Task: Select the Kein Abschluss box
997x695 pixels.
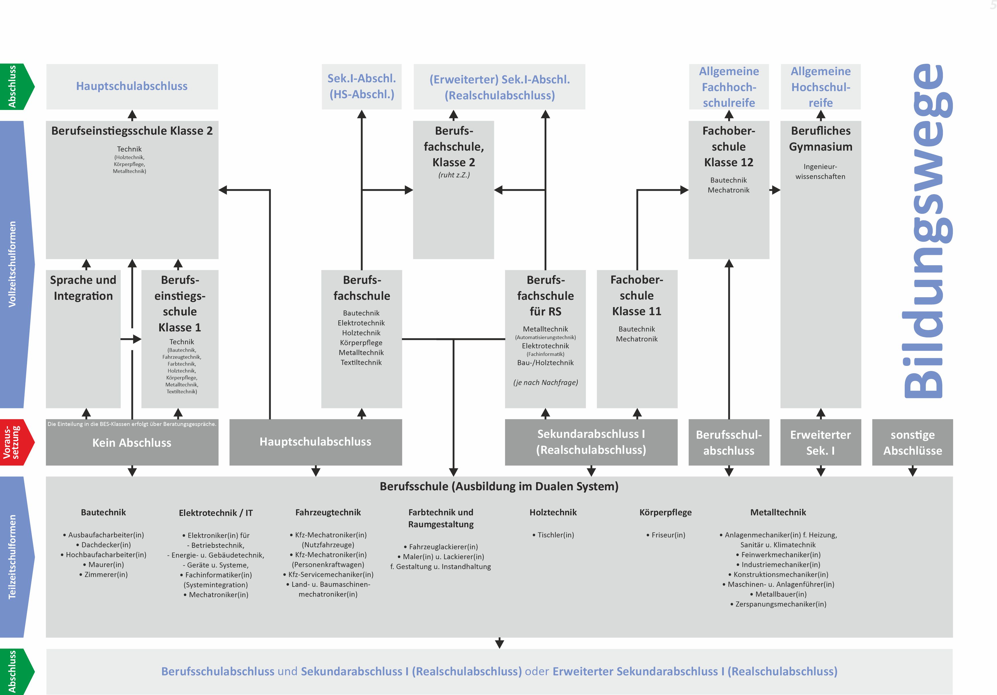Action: [132, 443]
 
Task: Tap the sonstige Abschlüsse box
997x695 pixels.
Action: [912, 442]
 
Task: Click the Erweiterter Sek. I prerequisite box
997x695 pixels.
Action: [820, 442]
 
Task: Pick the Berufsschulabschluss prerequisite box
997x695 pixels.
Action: [729, 442]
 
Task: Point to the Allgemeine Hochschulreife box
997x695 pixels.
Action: [820, 87]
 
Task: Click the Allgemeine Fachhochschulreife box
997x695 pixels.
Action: [729, 87]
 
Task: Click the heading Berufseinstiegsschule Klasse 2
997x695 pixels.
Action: [132, 131]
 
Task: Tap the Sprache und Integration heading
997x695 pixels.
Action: [83, 288]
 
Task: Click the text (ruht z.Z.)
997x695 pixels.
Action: [454, 175]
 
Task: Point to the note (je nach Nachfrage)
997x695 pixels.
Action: [546, 382]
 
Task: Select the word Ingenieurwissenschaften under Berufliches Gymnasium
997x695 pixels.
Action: [820, 171]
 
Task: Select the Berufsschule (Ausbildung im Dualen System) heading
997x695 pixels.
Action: [499, 486]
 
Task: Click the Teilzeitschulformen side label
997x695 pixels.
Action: [12, 557]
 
